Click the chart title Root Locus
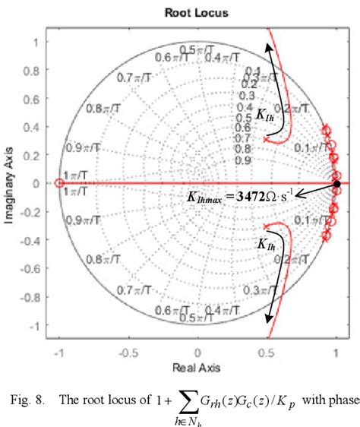(197, 13)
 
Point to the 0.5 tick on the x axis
(267, 353)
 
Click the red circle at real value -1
(59, 184)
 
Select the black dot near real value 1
(336, 184)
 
